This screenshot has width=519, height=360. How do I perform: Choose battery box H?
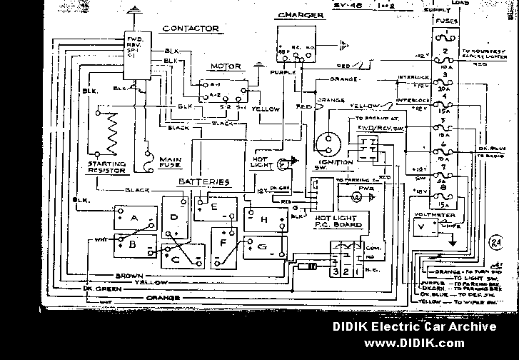pos(264,219)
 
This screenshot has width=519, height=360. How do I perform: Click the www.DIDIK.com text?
pos(413,344)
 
